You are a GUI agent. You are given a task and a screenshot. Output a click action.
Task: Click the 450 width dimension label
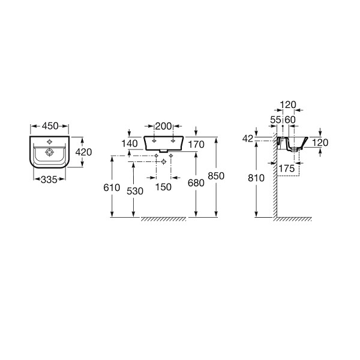[x=50, y=126]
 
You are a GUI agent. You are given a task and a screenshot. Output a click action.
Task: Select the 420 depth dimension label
[x=83, y=152]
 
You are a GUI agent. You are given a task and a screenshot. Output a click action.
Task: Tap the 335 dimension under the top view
[x=49, y=179]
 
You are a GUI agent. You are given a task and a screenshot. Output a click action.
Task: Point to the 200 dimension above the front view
[x=163, y=126]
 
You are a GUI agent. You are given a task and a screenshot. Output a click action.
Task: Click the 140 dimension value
[x=130, y=143]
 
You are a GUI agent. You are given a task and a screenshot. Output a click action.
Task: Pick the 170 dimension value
[x=196, y=145]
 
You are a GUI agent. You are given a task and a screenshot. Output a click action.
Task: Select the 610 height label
[x=112, y=188]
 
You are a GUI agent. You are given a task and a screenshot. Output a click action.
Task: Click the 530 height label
[x=135, y=191]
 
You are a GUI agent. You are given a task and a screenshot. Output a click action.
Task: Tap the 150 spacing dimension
[x=163, y=187]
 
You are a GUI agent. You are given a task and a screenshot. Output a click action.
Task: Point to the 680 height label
[x=196, y=183]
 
